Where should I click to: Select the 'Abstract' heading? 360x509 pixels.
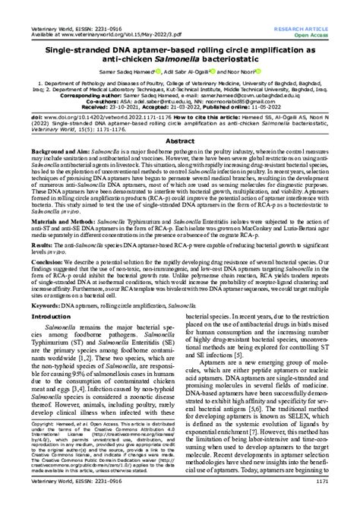[179, 141]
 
